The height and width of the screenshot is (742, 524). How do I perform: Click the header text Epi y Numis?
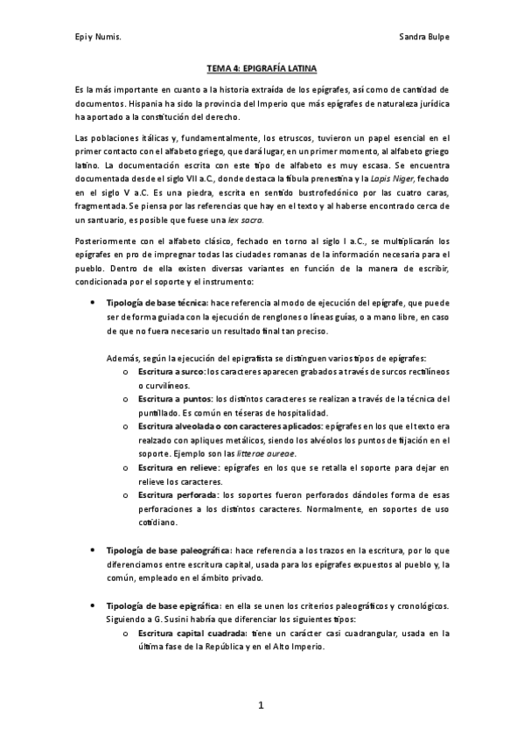pos(97,38)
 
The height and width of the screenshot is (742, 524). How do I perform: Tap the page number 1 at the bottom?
pos(261,705)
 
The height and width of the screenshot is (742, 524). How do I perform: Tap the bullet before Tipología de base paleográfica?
pos(94,550)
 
